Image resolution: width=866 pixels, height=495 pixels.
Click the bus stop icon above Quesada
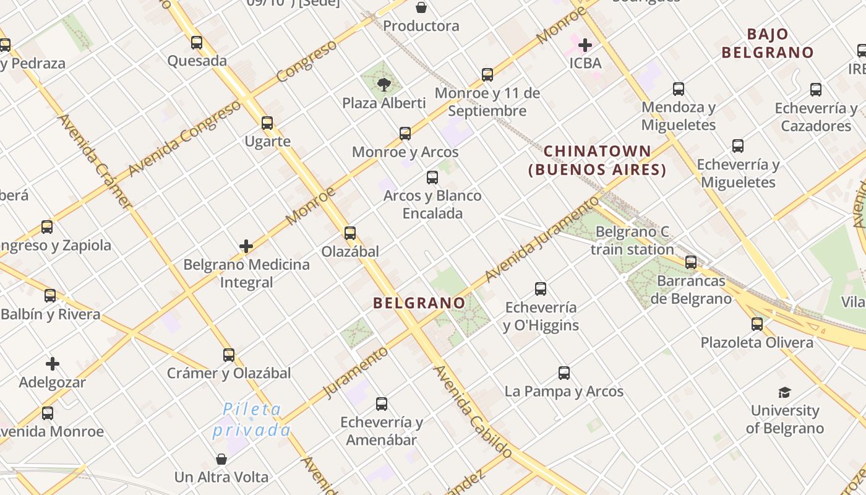(197, 43)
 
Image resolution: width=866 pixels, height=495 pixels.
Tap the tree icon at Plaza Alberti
(384, 84)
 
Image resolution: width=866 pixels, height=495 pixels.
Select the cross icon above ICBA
(585, 45)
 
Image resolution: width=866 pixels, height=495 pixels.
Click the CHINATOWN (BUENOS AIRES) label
(597, 160)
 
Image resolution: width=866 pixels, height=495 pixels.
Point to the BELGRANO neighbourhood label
(419, 303)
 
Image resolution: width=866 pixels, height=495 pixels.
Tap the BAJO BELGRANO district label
(767, 43)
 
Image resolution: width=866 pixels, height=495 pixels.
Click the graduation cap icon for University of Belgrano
(784, 392)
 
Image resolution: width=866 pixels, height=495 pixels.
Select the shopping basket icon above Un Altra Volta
(221, 459)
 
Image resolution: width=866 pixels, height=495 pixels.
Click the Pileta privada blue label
(252, 420)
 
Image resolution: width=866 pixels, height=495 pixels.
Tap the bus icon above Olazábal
(350, 233)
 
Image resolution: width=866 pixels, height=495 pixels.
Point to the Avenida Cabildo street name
(473, 412)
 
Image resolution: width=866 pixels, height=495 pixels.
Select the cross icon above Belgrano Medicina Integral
(246, 246)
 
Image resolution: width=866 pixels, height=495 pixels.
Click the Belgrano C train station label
(632, 241)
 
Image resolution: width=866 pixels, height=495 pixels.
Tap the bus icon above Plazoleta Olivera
(757, 324)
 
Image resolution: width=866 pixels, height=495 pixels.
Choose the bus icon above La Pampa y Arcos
(564, 373)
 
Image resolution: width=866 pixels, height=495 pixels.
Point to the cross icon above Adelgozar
(53, 364)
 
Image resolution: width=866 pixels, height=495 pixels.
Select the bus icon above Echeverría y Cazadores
(816, 90)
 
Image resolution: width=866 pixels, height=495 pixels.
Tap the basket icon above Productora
(421, 7)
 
